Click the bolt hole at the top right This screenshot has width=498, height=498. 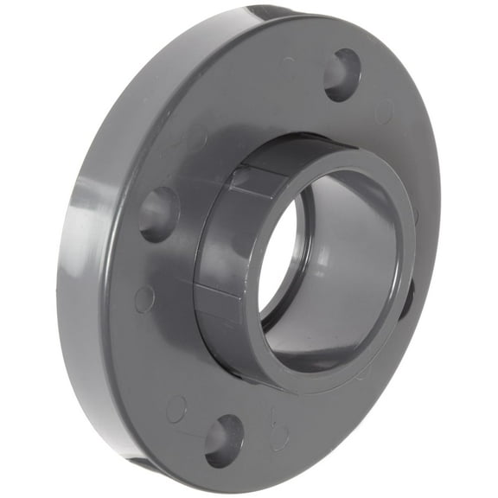(x=342, y=74)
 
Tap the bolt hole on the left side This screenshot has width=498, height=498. (x=159, y=213)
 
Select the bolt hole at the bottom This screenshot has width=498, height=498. (x=224, y=439)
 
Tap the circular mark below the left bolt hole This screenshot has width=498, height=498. (x=144, y=299)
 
